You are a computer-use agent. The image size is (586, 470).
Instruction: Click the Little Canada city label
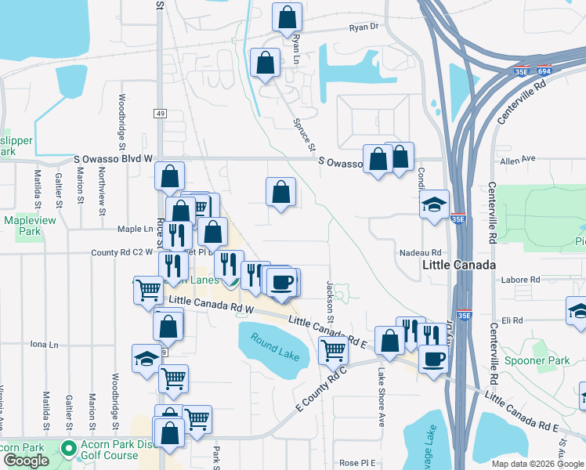tap(459, 266)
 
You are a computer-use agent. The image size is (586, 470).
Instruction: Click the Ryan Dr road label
tap(364, 27)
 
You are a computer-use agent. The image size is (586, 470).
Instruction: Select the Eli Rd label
tap(512, 320)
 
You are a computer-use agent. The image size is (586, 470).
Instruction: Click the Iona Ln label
tap(44, 344)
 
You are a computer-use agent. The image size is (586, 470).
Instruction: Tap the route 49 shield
tap(161, 114)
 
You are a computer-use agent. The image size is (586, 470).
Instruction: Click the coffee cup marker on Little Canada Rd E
tap(433, 359)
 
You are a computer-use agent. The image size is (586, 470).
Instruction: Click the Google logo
tap(26, 461)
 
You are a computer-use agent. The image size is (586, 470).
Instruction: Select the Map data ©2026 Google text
tap(537, 464)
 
